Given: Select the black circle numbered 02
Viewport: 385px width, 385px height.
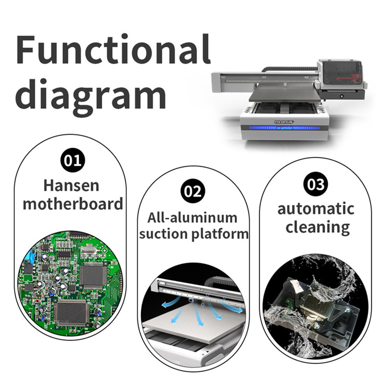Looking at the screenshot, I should [193, 191].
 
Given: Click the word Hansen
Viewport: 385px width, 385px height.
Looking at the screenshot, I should [71, 185].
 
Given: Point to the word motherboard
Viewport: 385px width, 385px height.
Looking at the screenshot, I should [73, 204].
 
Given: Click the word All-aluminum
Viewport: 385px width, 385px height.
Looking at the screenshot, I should [192, 217].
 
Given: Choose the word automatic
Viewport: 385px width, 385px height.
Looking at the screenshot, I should [316, 209].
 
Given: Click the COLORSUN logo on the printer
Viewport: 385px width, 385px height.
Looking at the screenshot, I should [284, 121].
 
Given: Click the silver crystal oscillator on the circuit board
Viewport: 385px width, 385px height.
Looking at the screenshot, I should [86, 250].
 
